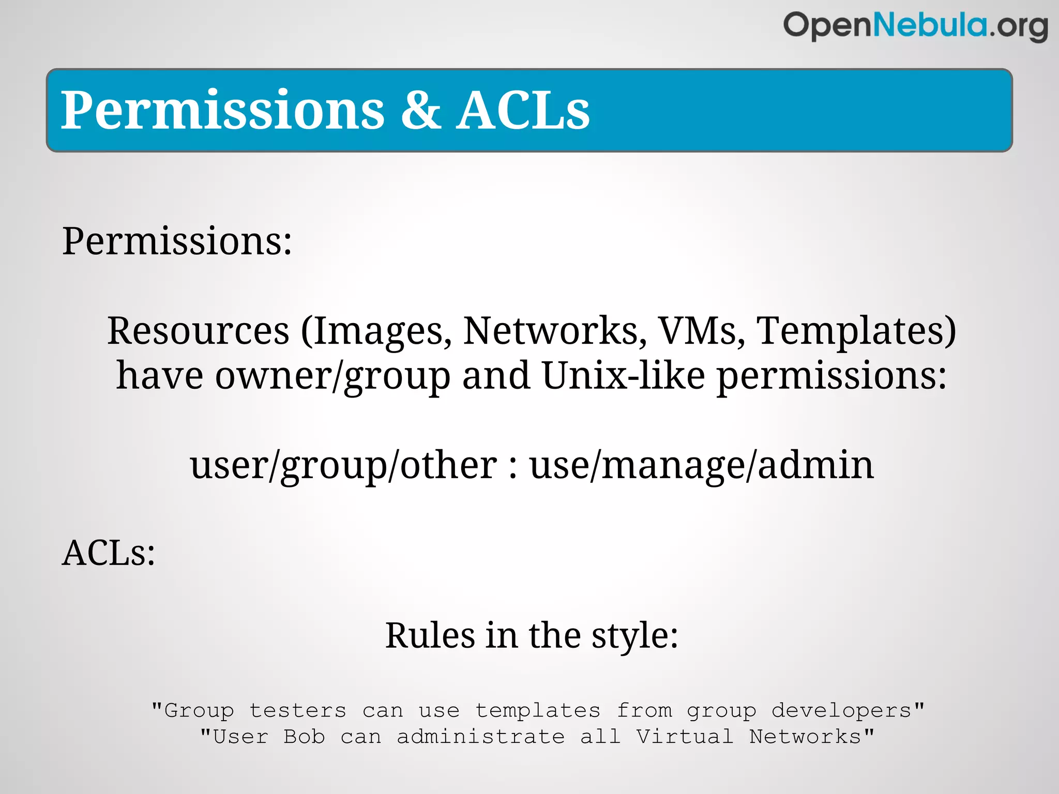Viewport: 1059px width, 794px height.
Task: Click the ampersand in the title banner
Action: [420, 110]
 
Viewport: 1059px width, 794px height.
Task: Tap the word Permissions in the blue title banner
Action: [223, 110]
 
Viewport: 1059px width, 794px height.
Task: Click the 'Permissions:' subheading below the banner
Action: [177, 241]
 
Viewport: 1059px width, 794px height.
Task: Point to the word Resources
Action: [198, 331]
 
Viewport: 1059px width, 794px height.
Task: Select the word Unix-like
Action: [623, 375]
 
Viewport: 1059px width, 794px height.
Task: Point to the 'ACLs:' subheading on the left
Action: [109, 553]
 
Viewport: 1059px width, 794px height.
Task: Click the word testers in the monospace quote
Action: [298, 711]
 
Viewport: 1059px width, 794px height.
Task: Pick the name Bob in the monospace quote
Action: [304, 737]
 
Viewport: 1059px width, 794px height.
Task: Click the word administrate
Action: [480, 737]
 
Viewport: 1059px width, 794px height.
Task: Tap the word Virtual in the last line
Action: [685, 737]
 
